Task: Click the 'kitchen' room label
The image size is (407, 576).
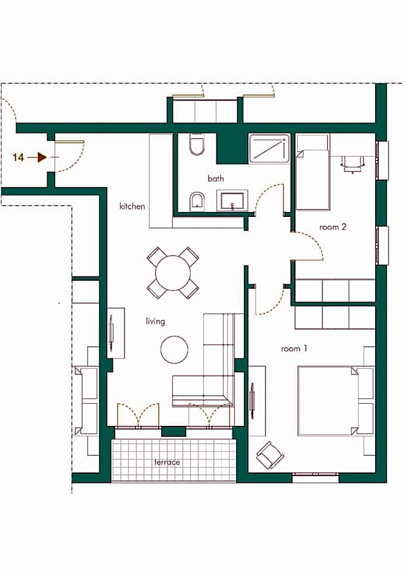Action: click(132, 207)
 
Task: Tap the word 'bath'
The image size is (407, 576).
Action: click(216, 178)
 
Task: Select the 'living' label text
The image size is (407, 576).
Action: click(155, 322)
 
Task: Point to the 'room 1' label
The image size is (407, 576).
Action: click(294, 349)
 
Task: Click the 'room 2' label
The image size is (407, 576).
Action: click(333, 227)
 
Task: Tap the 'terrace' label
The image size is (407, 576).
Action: click(167, 462)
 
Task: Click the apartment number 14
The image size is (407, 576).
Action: click(18, 157)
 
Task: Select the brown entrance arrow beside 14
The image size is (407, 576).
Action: click(37, 157)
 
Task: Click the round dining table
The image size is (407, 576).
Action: click(173, 273)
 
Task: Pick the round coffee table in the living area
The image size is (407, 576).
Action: click(174, 349)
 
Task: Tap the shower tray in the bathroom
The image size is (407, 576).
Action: click(269, 149)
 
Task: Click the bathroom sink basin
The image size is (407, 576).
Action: click(232, 200)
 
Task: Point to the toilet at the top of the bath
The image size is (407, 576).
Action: click(197, 145)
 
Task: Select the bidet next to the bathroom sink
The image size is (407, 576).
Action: click(197, 202)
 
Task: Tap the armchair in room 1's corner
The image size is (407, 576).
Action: click(270, 455)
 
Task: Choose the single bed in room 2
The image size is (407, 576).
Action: click(313, 172)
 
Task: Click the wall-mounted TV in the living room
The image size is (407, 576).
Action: click(112, 333)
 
